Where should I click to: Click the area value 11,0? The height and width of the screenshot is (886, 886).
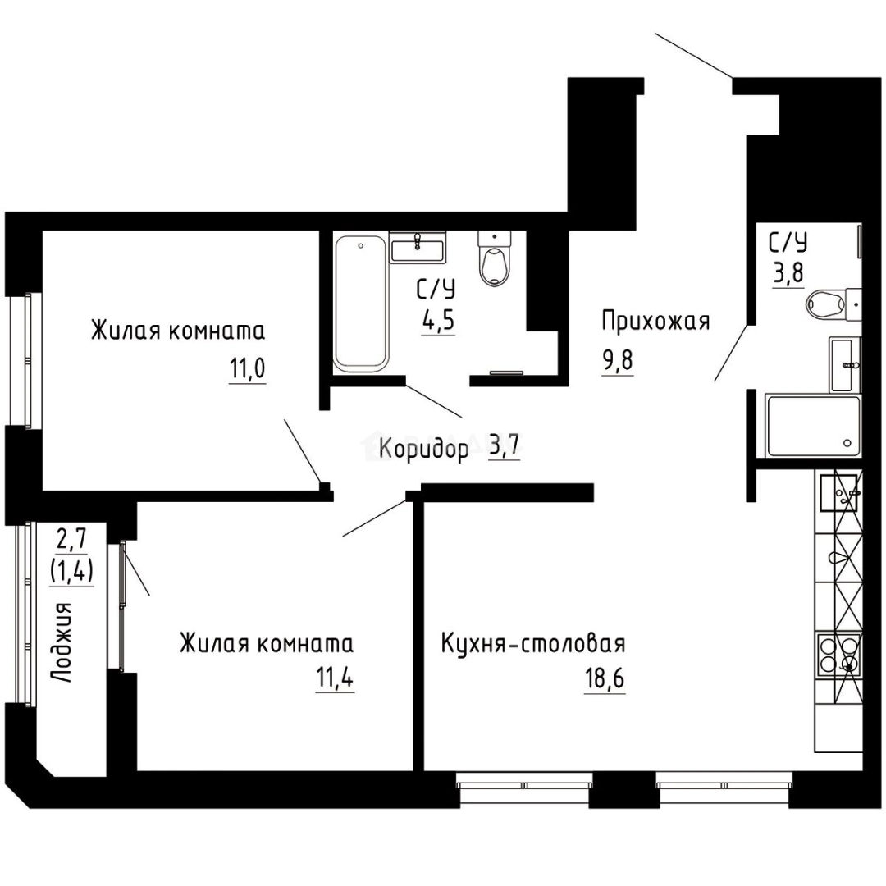coord(247,370)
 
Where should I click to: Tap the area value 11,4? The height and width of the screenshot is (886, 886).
coord(335,679)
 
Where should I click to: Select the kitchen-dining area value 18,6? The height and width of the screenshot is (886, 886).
coord(605,679)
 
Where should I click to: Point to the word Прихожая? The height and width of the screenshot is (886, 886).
coord(655,321)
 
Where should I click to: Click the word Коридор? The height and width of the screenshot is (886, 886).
coord(424,449)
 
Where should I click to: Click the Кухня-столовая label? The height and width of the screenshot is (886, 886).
coord(533,642)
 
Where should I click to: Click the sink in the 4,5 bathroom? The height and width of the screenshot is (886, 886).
coord(418,246)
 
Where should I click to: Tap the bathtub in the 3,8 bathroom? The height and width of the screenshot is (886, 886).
coord(811,425)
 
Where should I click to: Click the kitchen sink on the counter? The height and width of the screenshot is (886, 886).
coord(837,493)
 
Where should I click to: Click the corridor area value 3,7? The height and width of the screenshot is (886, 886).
coord(505,447)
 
